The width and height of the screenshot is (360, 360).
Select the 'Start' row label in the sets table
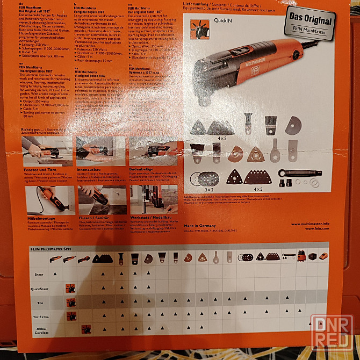(x=39, y=275)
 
